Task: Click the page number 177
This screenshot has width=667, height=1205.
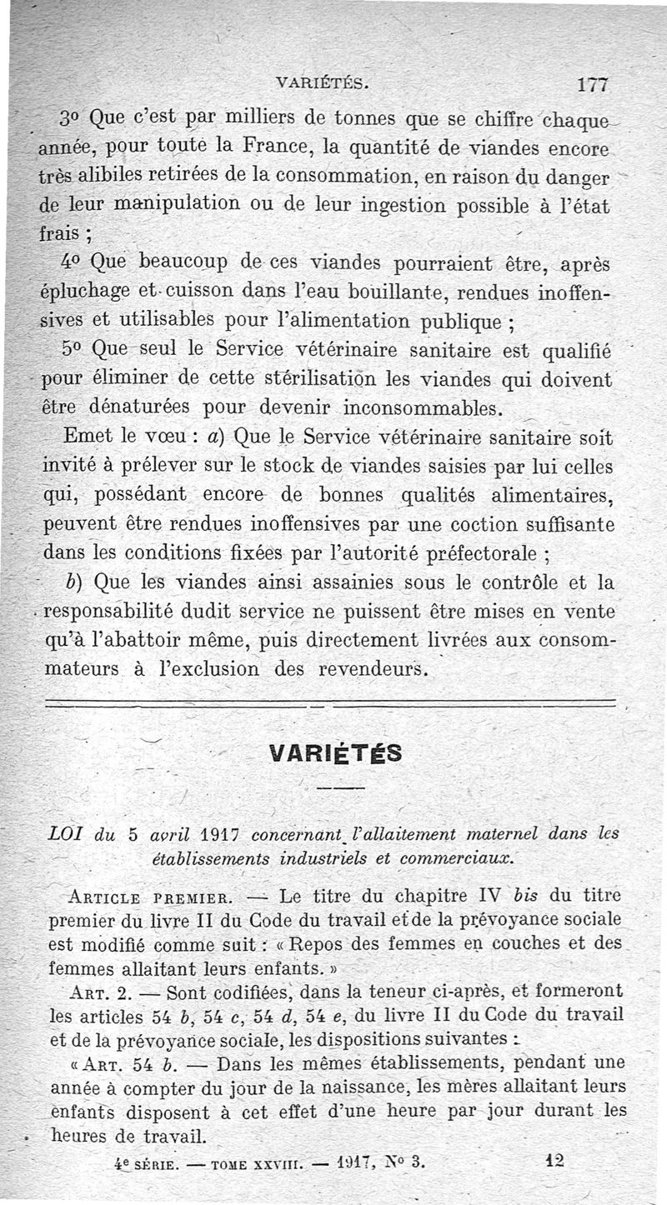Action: [x=594, y=84]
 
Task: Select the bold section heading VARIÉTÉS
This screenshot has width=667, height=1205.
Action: [x=337, y=752]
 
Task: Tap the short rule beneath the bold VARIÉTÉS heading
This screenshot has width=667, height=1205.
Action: [x=340, y=787]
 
